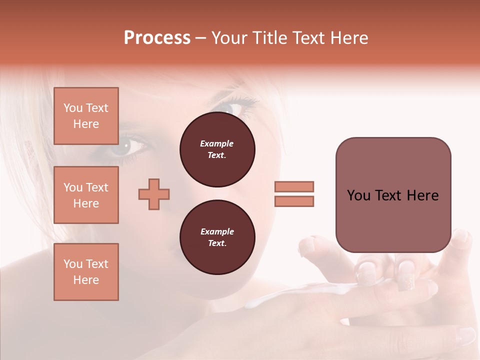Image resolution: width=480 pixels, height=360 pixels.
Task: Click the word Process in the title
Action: tap(157, 38)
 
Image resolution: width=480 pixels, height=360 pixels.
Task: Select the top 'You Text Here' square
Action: tap(86, 116)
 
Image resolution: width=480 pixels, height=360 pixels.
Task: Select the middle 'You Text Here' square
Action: tap(86, 195)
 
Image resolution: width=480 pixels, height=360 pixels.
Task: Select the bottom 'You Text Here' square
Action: tap(86, 272)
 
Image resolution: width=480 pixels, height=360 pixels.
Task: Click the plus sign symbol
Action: tap(154, 194)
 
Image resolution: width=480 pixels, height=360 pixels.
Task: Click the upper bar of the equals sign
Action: tap(294, 186)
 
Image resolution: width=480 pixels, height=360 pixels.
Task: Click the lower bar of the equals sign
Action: tap(294, 201)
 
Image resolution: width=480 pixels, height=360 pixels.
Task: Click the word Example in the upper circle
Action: tap(217, 143)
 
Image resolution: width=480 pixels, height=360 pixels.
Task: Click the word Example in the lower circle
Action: tap(217, 231)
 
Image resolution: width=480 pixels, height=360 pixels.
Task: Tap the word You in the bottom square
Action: tap(72, 264)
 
